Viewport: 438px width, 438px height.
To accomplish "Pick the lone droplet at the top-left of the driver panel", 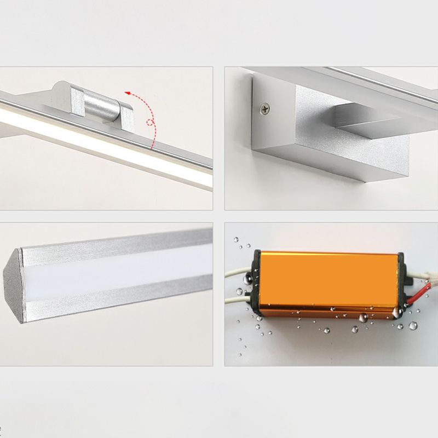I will (237, 239).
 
